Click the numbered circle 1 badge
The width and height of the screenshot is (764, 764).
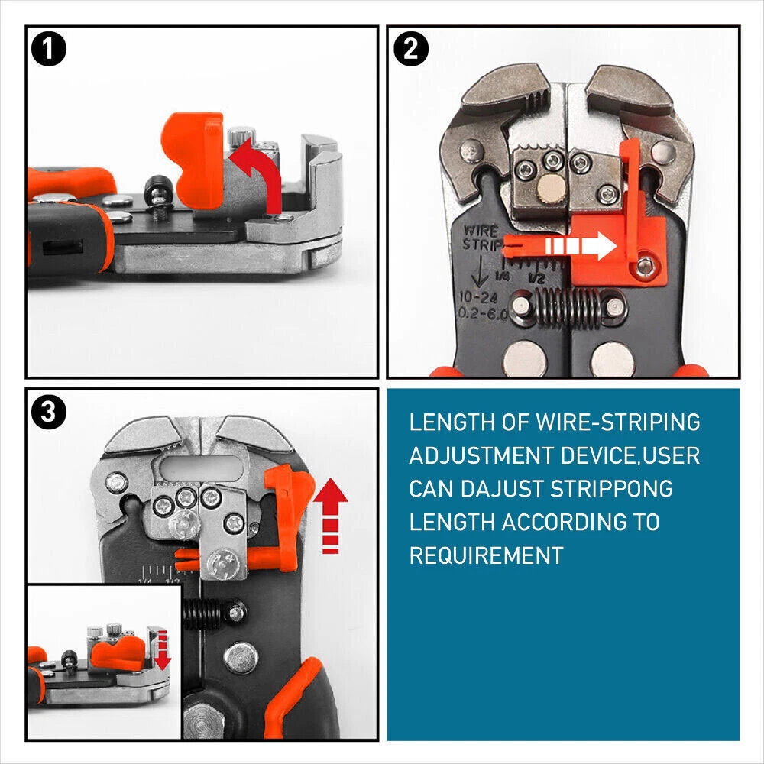[49, 49]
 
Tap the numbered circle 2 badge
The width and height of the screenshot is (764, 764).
[411, 49]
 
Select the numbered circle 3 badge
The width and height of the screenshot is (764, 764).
[49, 412]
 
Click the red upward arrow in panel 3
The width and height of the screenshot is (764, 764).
[330, 516]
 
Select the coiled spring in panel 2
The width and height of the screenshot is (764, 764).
[568, 307]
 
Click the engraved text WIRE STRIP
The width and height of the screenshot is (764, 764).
[481, 238]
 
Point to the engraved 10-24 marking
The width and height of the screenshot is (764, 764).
[478, 296]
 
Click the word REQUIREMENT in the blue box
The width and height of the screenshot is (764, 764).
[486, 555]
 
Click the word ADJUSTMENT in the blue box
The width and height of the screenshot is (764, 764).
[481, 455]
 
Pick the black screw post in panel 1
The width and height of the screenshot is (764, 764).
[157, 195]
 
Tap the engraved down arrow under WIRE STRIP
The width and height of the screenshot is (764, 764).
[480, 271]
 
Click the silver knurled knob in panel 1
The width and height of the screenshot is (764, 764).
[241, 135]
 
